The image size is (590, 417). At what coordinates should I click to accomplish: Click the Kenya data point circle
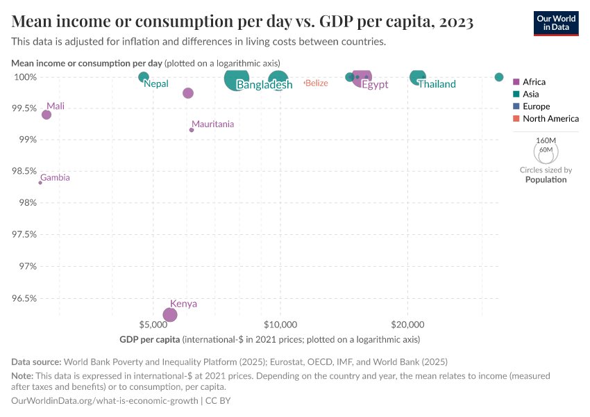point(169,315)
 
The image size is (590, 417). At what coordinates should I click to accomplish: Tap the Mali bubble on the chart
point(47,115)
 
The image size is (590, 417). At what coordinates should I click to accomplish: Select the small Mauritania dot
point(192,130)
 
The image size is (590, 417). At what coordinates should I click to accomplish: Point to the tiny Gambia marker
point(40,183)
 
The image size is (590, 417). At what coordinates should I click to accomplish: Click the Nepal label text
point(156,84)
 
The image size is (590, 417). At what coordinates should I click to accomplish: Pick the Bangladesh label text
point(264,85)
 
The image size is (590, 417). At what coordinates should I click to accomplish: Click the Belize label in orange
point(317,83)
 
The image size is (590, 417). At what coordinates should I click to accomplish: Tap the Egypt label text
point(375,85)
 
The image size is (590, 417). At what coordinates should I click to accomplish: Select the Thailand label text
point(437,84)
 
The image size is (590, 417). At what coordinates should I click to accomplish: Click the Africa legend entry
point(534,81)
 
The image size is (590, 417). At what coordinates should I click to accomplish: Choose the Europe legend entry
point(536,106)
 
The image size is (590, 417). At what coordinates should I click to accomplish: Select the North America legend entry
point(550,119)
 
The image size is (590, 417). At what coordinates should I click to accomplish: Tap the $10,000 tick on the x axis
point(280,325)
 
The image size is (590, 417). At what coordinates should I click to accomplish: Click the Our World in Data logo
point(556,23)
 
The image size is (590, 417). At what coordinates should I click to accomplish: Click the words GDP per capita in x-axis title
point(149,340)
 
